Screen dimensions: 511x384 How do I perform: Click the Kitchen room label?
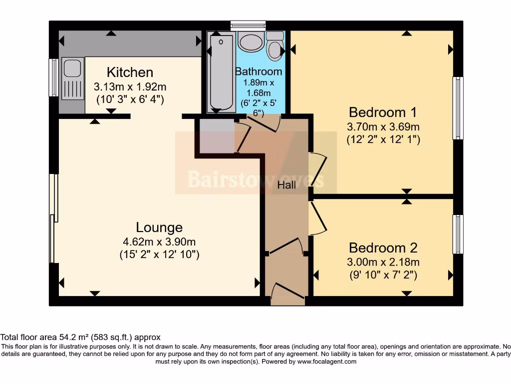tap(130, 72)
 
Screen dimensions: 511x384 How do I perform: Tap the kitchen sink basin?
tap(72, 68)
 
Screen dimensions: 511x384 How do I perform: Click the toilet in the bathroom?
tap(275, 46)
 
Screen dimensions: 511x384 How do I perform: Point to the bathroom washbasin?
tap(251, 41)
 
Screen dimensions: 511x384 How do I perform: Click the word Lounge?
tap(159, 227)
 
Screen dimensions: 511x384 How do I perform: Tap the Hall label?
tap(286, 185)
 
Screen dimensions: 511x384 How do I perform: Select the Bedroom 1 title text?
tap(383, 112)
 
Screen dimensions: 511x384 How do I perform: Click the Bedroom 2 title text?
tap(383, 248)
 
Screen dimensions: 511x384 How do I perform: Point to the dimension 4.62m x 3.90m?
tap(159, 242)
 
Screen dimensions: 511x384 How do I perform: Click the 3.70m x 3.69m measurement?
tap(383, 126)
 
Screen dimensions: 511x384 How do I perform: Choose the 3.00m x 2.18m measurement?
tap(383, 262)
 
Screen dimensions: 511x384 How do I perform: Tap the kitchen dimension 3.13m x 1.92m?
tap(130, 87)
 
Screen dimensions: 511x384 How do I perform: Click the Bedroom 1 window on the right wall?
tap(458, 108)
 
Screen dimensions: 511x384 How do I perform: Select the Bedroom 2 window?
tap(458, 234)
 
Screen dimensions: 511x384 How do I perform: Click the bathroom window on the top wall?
tap(248, 25)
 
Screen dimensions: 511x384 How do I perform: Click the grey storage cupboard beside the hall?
tap(217, 136)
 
